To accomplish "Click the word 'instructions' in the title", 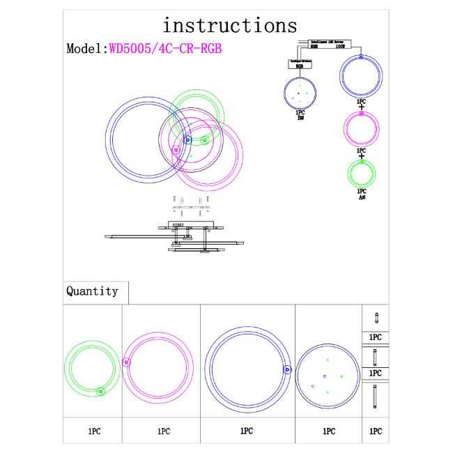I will coord(229,26).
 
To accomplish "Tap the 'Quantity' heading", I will coord(92,291).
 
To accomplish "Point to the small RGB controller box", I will coord(300,63).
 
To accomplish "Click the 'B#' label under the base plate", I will coord(300,118).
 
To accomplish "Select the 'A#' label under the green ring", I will coord(362,197).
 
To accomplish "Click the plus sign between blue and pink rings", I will coord(361,107).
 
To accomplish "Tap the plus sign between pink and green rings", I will coord(361,156).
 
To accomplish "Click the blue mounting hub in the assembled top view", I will coord(187,140).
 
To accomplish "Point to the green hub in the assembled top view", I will coord(204,140).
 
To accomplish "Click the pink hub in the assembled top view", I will coord(176,148).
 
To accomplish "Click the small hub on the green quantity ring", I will coord(100,392).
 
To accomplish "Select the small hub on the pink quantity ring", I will coord(126,362).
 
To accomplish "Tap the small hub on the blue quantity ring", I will coord(286,370).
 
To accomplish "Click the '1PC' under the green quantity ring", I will coord(94,431).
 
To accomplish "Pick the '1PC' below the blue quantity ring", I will coord(246,431).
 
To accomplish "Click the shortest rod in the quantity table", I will coord(375,318).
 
